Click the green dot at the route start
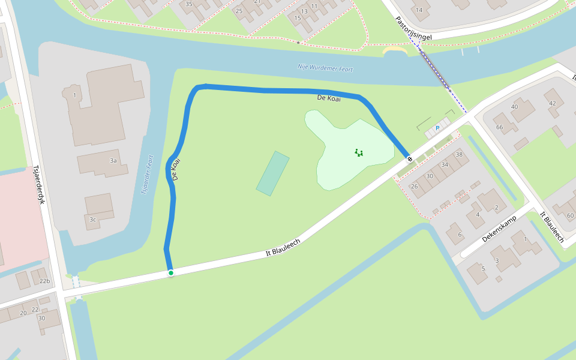(x=171, y=273)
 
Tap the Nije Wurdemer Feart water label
(x=325, y=68)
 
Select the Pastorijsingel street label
(x=413, y=29)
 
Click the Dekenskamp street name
(x=499, y=229)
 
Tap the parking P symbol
(x=437, y=128)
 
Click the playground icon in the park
(x=359, y=152)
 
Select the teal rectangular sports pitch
(x=273, y=173)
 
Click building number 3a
(x=113, y=161)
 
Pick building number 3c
(x=93, y=220)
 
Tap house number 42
(x=552, y=103)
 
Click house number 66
(x=499, y=127)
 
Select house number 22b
(x=44, y=281)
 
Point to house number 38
(x=459, y=154)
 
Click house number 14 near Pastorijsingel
(x=418, y=10)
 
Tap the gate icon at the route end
(x=410, y=159)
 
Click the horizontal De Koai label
(x=329, y=98)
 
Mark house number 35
(x=189, y=4)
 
